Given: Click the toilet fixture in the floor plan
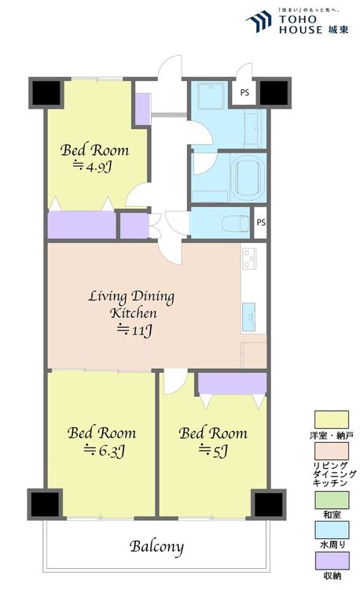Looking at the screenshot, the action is (x=236, y=223).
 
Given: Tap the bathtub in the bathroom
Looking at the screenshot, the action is (x=248, y=178).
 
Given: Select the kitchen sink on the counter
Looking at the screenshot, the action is (x=248, y=317).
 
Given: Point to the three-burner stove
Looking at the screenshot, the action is (x=248, y=258).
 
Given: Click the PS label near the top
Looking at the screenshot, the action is (x=244, y=92).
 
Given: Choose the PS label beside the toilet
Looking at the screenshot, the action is (x=261, y=223).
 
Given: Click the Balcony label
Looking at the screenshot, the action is (x=156, y=547).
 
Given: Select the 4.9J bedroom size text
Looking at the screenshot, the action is (x=93, y=166).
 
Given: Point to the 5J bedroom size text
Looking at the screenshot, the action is (x=213, y=451).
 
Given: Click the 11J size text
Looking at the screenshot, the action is (x=134, y=330).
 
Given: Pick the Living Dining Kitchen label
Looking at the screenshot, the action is (x=131, y=304).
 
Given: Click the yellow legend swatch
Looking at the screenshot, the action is (x=332, y=419).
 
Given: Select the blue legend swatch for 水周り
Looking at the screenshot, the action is (x=332, y=530).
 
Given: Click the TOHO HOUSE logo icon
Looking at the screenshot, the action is (x=259, y=22).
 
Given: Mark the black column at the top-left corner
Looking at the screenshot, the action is (x=45, y=93).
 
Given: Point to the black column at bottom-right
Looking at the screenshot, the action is (x=268, y=504).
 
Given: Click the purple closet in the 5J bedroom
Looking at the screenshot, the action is (x=232, y=383).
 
